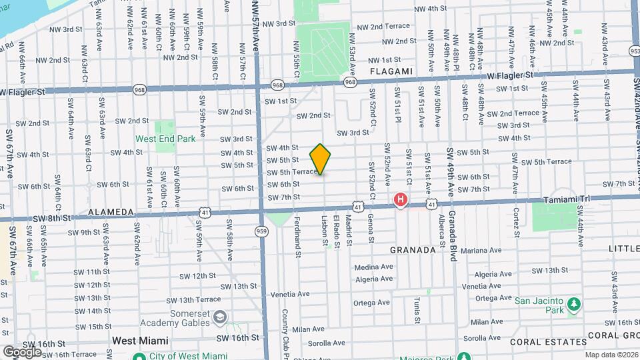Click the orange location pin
pos(320,159)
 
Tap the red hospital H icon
pos(401,199)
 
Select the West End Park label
pos(166,139)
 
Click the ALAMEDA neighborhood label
pos(111,212)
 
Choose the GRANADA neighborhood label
pos(413,250)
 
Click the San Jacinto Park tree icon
pos(573,305)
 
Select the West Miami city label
pos(139,341)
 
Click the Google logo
pos(23,352)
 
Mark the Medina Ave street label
pos(374,267)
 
